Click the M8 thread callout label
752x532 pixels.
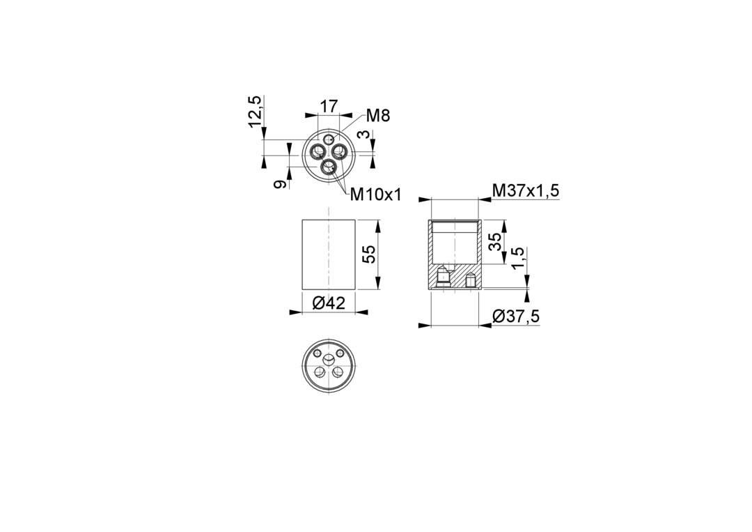pos(378,115)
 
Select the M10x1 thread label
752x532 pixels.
pos(375,195)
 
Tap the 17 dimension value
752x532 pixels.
pos(329,105)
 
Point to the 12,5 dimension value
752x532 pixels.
pos(255,112)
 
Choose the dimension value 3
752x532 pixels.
pos(366,135)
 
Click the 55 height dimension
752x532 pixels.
pos(369,254)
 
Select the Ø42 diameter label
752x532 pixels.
pos(329,303)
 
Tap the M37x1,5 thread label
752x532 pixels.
pos(526,191)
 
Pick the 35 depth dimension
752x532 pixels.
pos(496,241)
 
